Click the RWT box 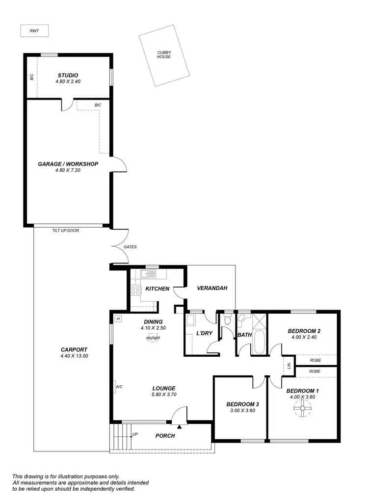click(x=34, y=31)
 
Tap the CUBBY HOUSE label click(x=164, y=54)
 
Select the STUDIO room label click(x=67, y=75)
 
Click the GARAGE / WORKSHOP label click(x=68, y=164)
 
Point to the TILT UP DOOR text click(x=65, y=230)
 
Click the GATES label click(x=130, y=247)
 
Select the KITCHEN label click(x=157, y=289)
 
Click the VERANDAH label click(x=212, y=288)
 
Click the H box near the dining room click(x=118, y=318)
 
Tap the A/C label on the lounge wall click(x=119, y=387)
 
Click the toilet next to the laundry click(x=227, y=321)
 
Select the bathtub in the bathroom click(x=259, y=343)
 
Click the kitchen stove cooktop click(x=135, y=290)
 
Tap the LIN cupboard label click(x=289, y=366)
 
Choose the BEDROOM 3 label click(x=242, y=404)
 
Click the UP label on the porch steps click(x=135, y=434)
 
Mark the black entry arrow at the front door click(x=179, y=427)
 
